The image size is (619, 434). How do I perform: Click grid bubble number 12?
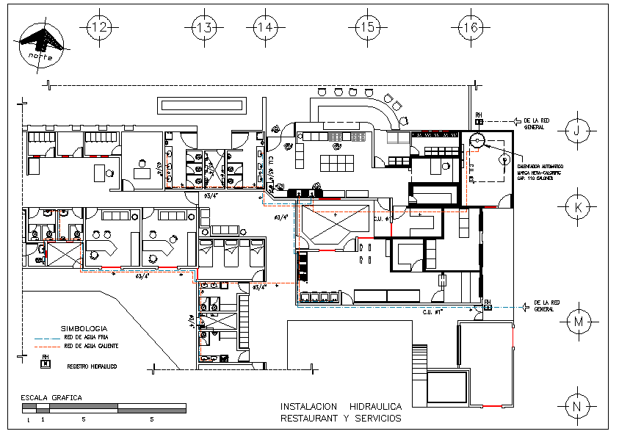99,28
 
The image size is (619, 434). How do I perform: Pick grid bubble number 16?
469,28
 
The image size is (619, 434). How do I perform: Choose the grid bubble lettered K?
578,207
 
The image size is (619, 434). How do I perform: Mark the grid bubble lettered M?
578,322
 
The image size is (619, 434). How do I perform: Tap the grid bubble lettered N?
578,405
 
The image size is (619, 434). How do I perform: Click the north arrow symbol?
41,43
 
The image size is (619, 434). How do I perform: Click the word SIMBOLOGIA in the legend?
84,328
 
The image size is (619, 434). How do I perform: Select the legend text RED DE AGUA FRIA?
86,338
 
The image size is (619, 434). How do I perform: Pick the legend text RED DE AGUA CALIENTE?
91,346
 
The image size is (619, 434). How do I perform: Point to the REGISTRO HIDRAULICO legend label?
93,365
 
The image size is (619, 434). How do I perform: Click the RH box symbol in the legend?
46,362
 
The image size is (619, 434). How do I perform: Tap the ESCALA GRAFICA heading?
51,397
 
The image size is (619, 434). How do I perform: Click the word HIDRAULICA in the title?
375,406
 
